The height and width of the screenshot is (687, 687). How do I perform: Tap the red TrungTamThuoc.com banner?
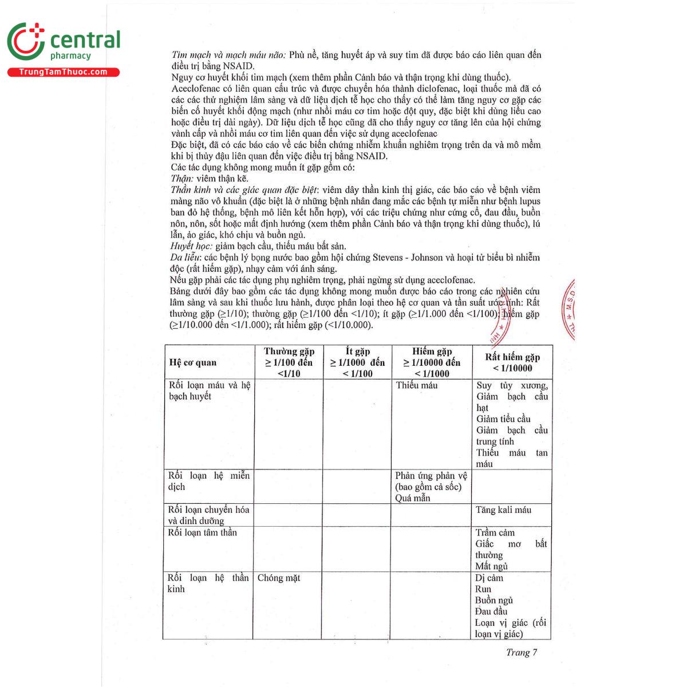(x=63, y=72)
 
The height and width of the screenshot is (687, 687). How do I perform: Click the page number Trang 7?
(x=521, y=652)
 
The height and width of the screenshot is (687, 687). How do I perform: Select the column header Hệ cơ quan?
(x=192, y=362)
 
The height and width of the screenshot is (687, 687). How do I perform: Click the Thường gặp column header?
(x=289, y=362)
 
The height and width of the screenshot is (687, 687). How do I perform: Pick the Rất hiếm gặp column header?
(x=512, y=362)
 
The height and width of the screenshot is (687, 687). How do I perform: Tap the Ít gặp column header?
(x=357, y=362)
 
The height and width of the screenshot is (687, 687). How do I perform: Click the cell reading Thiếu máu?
(x=417, y=385)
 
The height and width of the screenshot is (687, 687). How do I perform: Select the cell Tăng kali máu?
(x=503, y=510)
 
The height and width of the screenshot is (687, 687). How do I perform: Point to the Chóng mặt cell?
(x=279, y=578)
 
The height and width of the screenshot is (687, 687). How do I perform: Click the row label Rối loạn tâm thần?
(x=202, y=532)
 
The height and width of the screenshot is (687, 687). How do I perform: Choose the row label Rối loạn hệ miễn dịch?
(x=208, y=481)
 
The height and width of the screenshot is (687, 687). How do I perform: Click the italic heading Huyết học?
(x=191, y=246)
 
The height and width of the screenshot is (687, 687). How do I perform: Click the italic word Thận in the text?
(x=182, y=179)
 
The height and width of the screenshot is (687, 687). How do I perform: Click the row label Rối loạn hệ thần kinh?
(x=208, y=583)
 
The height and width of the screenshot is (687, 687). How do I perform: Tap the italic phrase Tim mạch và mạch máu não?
(x=228, y=56)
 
